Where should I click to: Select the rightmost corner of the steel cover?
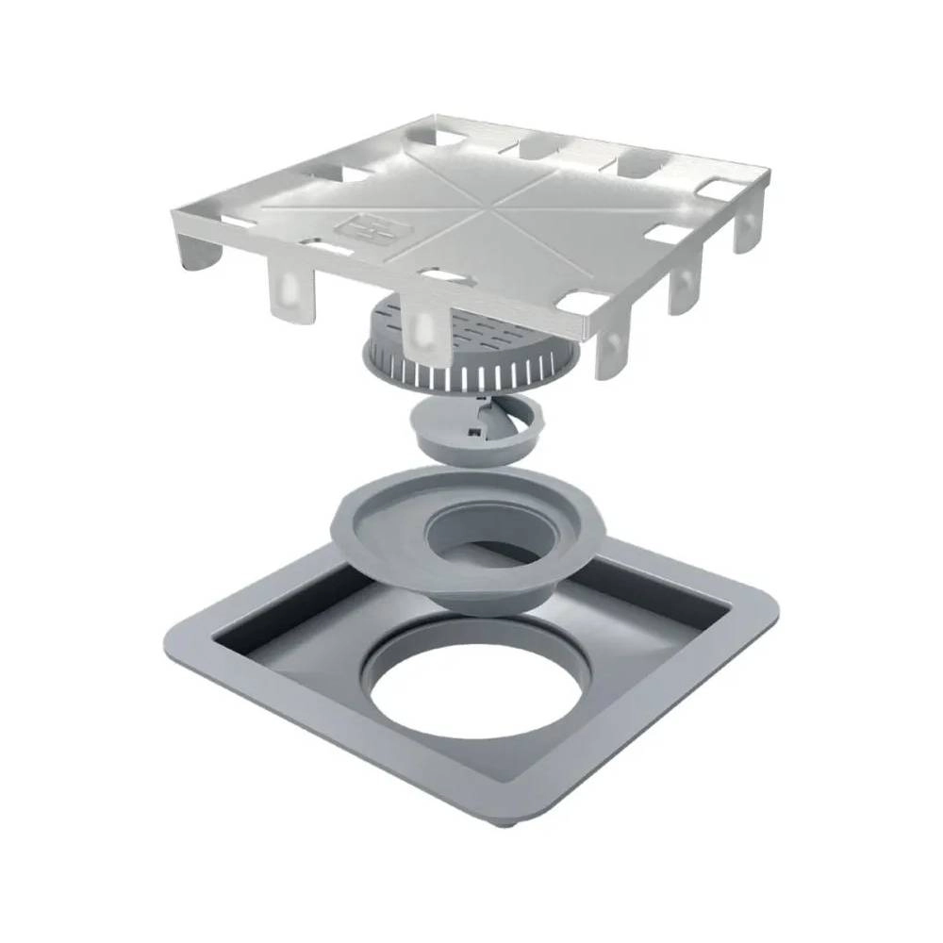coord(766,174)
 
